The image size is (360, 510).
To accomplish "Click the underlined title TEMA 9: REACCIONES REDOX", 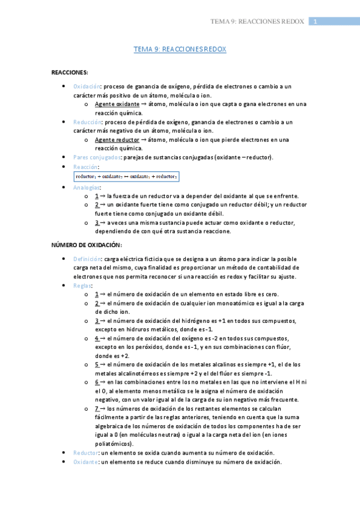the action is [180, 50].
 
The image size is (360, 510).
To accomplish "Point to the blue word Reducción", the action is [87, 121].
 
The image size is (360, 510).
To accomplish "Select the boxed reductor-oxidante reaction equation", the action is [126, 176].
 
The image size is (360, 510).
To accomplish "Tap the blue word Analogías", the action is [87, 188].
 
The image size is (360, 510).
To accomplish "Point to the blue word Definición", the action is [87, 259].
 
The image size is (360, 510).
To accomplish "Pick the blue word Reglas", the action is [82, 285].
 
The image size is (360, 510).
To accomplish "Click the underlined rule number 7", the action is [97, 408].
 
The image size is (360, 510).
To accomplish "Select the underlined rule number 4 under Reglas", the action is [97, 338].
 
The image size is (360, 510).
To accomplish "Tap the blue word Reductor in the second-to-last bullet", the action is [85, 452].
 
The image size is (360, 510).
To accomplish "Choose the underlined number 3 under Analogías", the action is [97, 223].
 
